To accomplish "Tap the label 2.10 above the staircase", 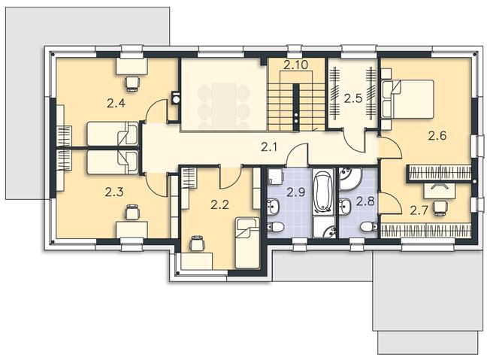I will point(297,66).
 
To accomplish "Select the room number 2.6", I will point(437,136).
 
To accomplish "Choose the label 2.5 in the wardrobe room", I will point(353,98).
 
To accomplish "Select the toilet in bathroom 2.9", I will point(277,227).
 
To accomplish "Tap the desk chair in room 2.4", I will point(132,81).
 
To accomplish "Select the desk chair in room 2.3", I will point(132,214).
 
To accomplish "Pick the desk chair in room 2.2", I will point(197,242).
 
